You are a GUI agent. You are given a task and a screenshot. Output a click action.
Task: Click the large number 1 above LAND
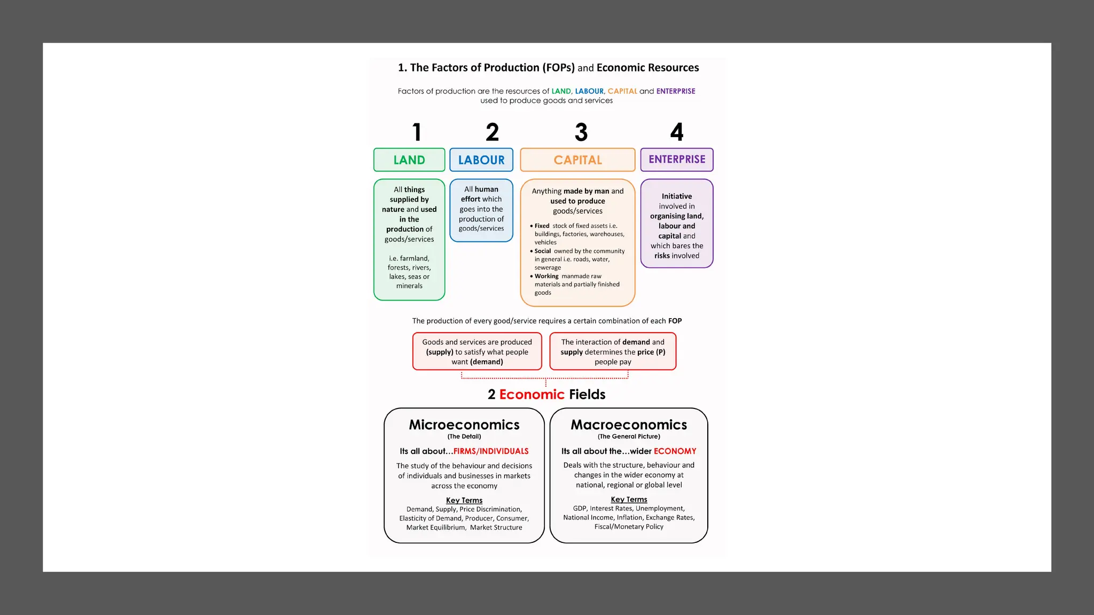[x=417, y=132]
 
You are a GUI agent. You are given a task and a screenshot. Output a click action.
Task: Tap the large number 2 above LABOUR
[x=492, y=132]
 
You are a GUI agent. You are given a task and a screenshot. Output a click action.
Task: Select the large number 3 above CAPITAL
[x=581, y=132]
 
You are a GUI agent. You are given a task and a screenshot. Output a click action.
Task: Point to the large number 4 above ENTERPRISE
[x=677, y=132]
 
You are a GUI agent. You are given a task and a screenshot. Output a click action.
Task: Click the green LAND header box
[x=409, y=160]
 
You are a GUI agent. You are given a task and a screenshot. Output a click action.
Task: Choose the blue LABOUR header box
[x=481, y=160]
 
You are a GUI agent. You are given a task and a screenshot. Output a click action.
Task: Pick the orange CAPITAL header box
[x=577, y=160]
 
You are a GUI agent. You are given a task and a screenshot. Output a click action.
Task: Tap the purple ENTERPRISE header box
[x=677, y=159]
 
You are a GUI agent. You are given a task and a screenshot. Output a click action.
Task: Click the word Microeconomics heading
[x=464, y=424]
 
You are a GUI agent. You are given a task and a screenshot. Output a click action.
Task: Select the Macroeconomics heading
[x=629, y=424]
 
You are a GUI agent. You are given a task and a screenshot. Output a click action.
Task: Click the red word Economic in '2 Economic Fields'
[x=532, y=394]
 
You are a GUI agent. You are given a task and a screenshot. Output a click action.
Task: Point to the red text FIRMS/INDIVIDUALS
[x=491, y=451]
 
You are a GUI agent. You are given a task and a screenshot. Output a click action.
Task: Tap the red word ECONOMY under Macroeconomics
[x=675, y=451]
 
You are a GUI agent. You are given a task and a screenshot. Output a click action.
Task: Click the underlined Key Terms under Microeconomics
[x=464, y=500]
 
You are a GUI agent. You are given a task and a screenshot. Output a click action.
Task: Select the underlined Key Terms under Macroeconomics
[x=629, y=499]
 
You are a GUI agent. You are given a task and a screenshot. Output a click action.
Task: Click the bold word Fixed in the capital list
[x=542, y=226]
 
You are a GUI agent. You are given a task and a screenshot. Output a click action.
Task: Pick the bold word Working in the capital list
[x=546, y=276]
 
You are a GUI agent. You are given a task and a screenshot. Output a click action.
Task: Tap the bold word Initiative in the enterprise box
[x=677, y=196]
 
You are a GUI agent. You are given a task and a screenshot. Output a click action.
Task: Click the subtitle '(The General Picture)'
[x=629, y=436]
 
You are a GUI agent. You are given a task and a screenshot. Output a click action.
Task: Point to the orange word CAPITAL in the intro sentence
[x=622, y=91]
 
